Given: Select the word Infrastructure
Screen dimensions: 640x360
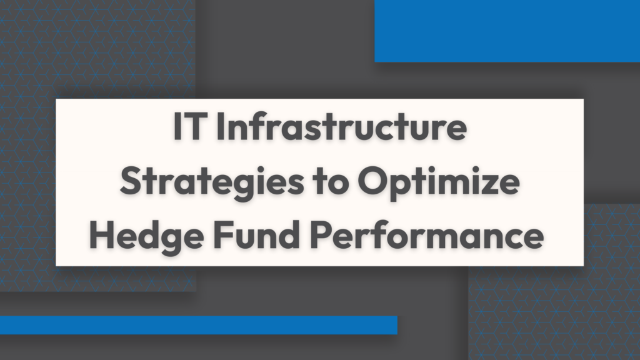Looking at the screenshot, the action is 341,126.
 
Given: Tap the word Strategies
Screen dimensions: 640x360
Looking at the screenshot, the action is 212,182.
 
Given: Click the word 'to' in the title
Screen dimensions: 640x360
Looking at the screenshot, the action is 331,182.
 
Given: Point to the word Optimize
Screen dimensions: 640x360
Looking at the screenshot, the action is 439,182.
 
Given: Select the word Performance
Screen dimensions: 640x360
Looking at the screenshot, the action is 427,234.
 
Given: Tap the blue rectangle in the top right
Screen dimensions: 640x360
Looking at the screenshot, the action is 507,31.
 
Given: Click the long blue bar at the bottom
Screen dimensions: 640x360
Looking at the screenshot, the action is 198,325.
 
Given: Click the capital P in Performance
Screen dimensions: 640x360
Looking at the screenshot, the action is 321,235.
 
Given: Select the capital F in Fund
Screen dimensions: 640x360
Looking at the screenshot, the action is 222,235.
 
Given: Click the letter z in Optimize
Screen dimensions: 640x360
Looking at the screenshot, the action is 487,185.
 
